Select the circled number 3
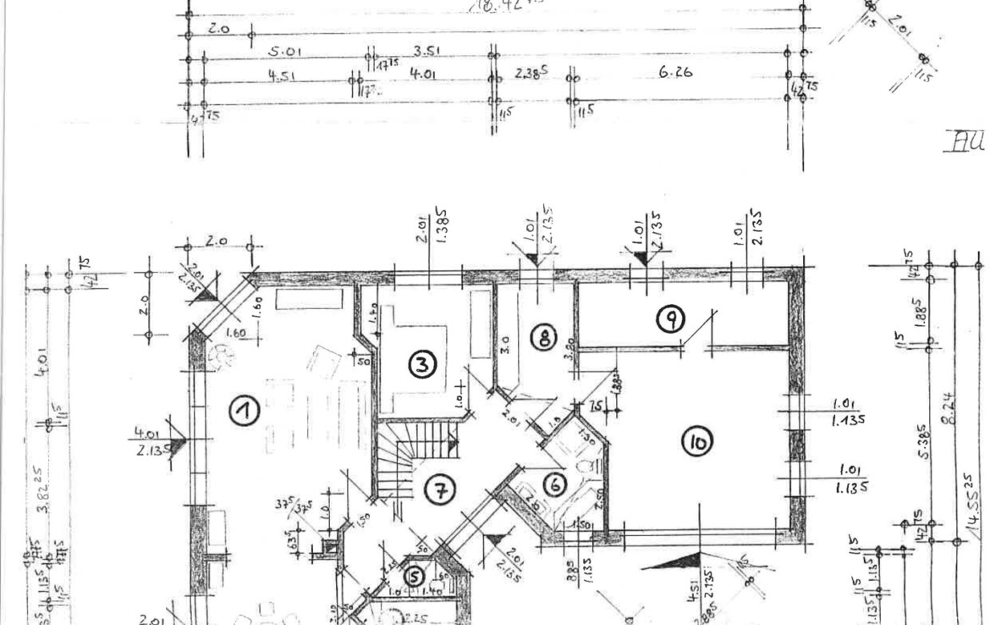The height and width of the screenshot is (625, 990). click(421, 364)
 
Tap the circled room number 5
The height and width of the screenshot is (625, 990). click(414, 576)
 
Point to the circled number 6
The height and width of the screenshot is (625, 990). click(555, 484)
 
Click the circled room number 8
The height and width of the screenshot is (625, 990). click(543, 337)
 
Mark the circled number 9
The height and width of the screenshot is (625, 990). click(670, 318)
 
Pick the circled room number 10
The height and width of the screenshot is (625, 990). click(698, 441)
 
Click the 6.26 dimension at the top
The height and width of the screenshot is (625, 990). click(674, 73)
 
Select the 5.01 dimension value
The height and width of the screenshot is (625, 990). click(285, 52)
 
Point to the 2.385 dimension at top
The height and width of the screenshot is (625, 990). click(531, 74)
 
